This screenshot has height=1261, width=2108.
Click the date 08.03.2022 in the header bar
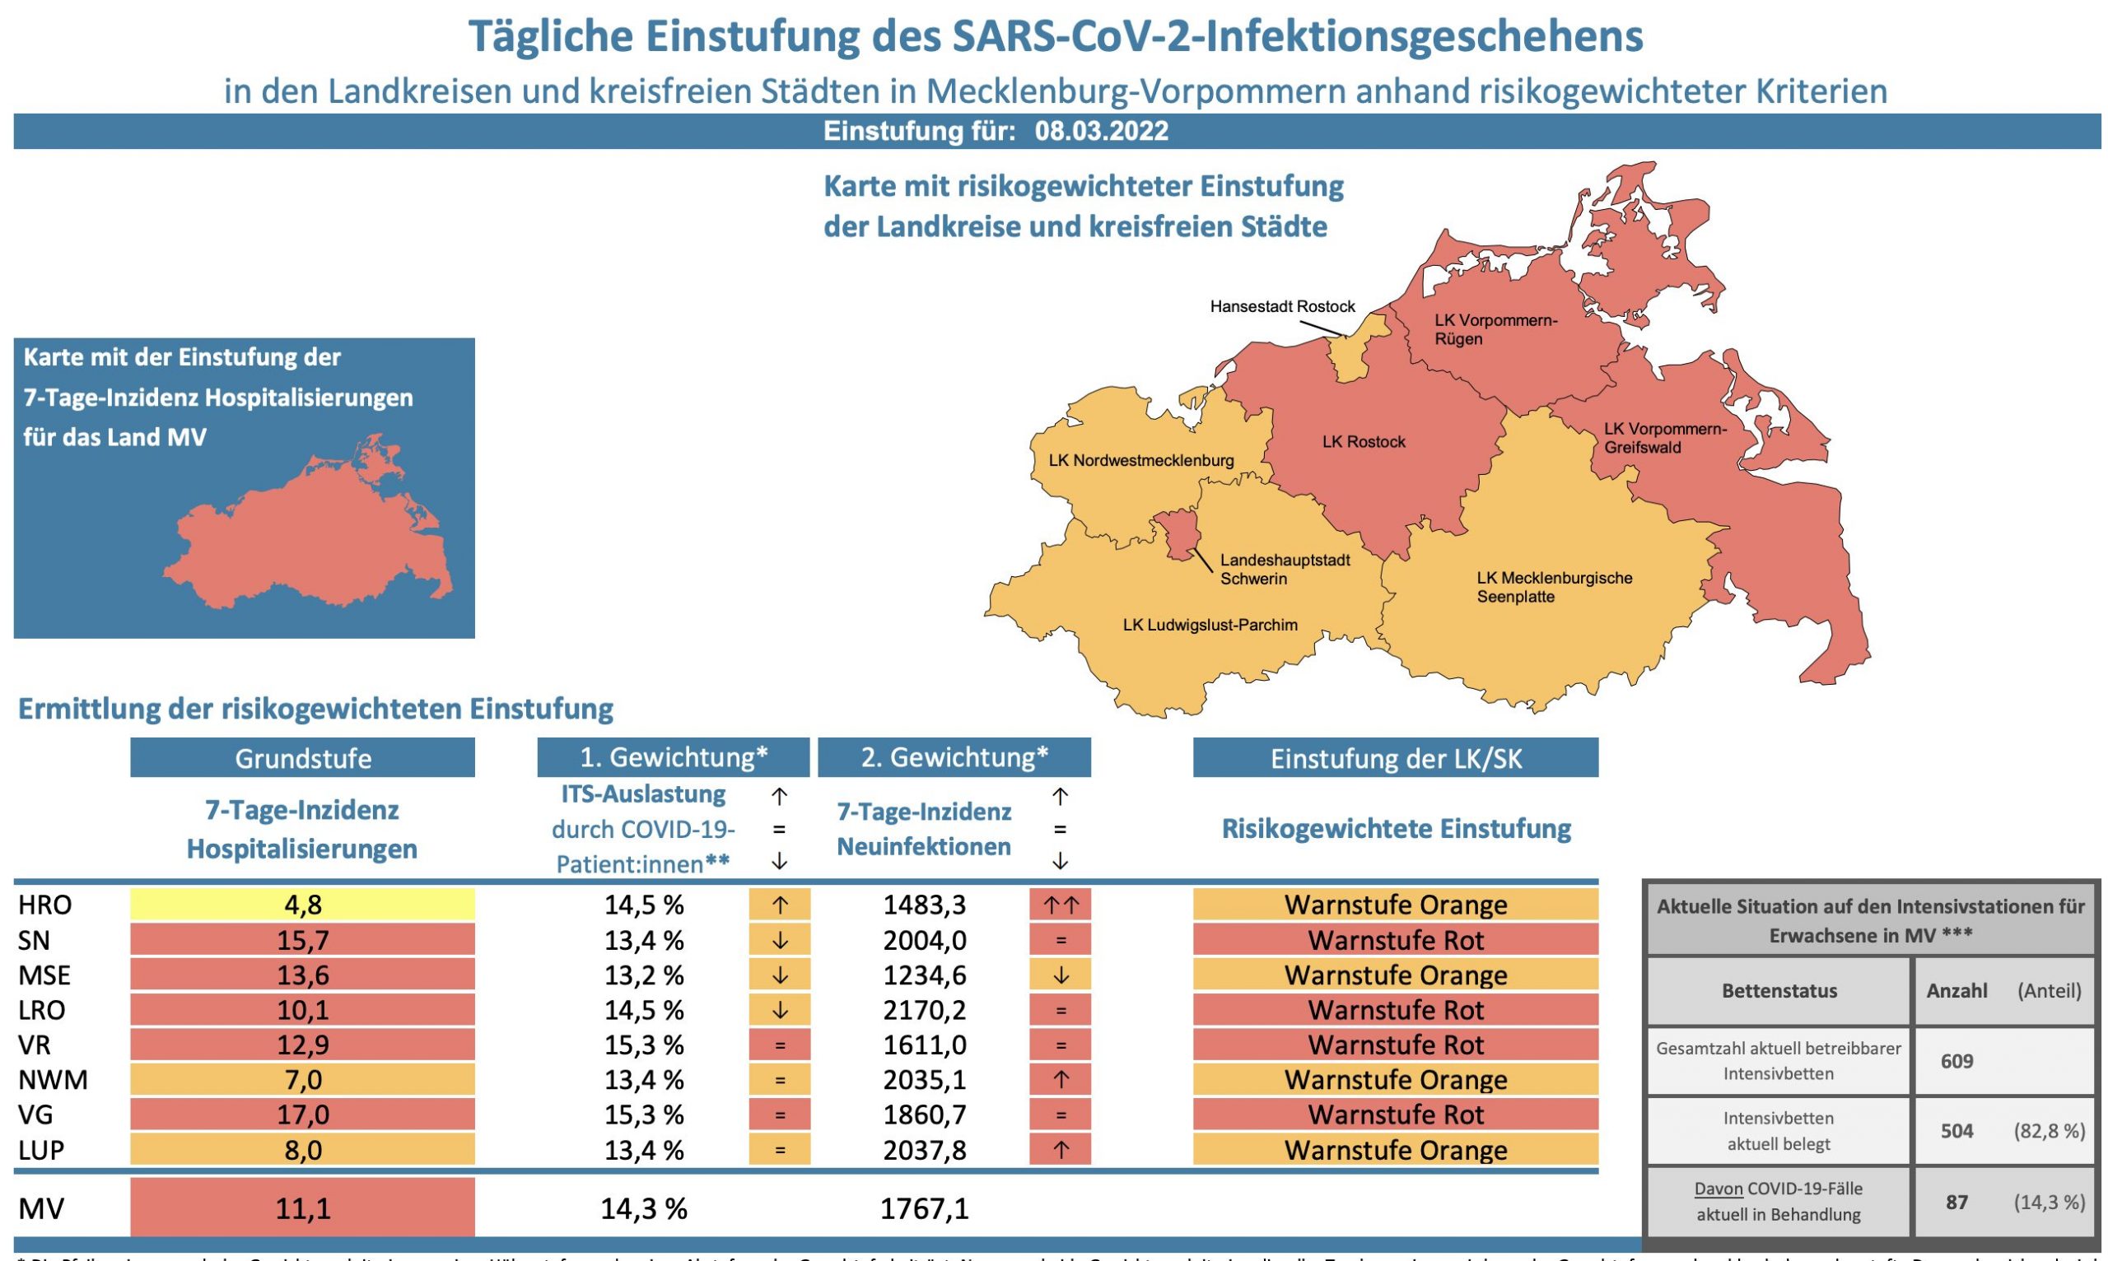click(1101, 132)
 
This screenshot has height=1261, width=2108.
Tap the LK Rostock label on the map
click(1364, 442)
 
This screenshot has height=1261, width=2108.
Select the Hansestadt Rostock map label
click(1282, 307)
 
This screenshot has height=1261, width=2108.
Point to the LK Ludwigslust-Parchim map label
click(1210, 626)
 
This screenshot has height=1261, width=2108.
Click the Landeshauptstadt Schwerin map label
click(1285, 570)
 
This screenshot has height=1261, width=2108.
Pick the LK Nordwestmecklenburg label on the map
click(1140, 461)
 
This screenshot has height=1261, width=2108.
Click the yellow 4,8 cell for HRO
click(302, 905)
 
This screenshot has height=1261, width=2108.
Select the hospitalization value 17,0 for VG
click(302, 1114)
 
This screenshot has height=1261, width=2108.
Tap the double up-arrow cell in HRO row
click(1060, 905)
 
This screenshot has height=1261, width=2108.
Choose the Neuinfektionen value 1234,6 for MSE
click(924, 975)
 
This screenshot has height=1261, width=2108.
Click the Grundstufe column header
click(302, 758)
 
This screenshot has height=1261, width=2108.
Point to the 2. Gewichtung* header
click(954, 757)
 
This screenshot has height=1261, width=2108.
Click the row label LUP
click(41, 1150)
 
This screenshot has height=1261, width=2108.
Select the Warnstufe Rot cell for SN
click(1395, 940)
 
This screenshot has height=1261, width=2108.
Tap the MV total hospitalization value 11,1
click(302, 1207)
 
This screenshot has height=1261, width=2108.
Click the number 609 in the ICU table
click(1956, 1060)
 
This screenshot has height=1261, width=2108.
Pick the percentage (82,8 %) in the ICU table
click(2049, 1131)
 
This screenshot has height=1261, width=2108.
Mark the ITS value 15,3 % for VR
click(643, 1045)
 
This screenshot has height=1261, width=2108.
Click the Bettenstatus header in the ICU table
click(1779, 991)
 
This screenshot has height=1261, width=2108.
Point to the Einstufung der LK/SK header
click(1395, 758)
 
